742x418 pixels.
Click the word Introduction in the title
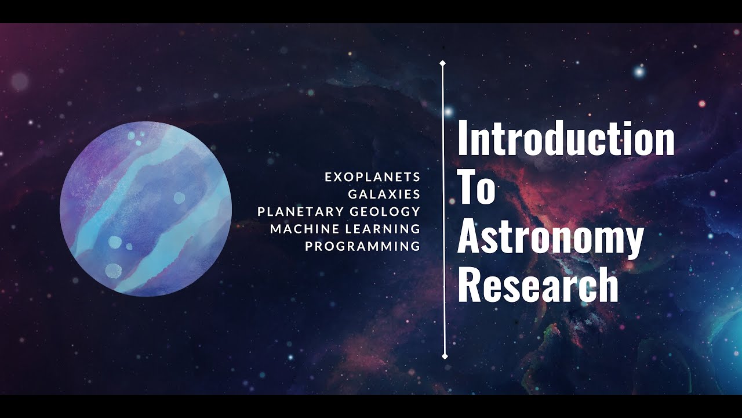pos(566,139)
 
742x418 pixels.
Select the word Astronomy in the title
pos(551,238)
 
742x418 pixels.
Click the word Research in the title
pos(538,286)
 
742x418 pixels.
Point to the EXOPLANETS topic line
pos(372,176)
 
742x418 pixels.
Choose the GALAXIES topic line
pos(384,194)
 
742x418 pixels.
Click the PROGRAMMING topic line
pos(362,246)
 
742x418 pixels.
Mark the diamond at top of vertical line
pos(443,63)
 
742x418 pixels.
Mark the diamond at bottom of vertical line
pos(445,356)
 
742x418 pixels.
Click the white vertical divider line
pos(443,209)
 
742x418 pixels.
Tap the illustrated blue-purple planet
pos(146,209)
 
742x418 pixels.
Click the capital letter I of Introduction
pos(462,139)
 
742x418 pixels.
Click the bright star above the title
pos(639,72)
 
